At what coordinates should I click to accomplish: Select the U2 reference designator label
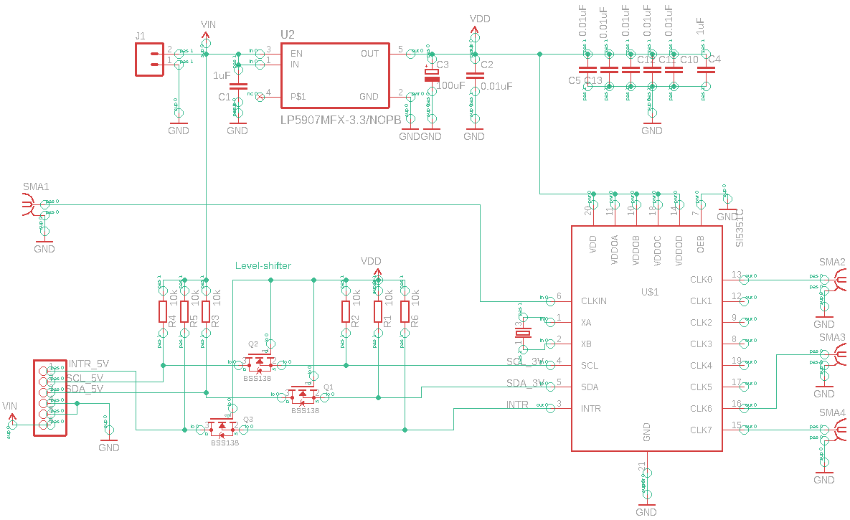tap(287, 34)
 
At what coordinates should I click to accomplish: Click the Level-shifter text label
tap(263, 265)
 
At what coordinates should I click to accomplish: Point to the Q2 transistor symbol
tap(259, 362)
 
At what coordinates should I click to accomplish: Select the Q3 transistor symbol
tap(222, 427)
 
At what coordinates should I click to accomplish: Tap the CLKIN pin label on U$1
tap(593, 301)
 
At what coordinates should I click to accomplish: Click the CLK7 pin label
tap(701, 430)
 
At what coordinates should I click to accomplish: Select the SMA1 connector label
tap(36, 187)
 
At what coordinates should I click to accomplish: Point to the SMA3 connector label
tap(832, 337)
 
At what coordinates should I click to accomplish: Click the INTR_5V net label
tap(88, 364)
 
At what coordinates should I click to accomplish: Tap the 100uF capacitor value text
tap(450, 85)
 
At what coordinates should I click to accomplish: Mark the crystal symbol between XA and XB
tap(523, 333)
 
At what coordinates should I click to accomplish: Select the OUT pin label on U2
tap(369, 54)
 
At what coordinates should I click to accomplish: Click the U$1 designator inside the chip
tap(649, 292)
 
